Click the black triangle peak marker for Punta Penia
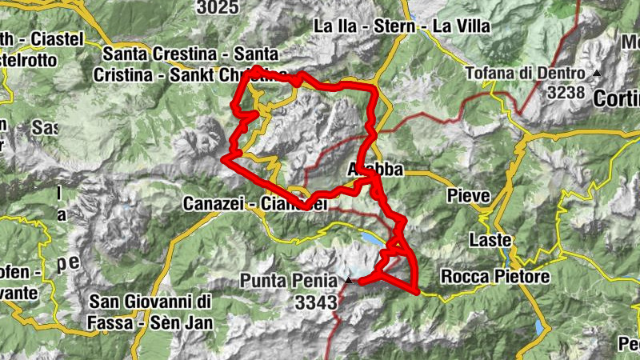(x=347, y=282)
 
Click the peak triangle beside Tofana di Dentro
(x=596, y=74)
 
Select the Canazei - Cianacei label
(x=255, y=204)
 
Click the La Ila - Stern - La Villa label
(x=402, y=26)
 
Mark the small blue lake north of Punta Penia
(x=373, y=238)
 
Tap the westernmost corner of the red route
(x=224, y=159)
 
